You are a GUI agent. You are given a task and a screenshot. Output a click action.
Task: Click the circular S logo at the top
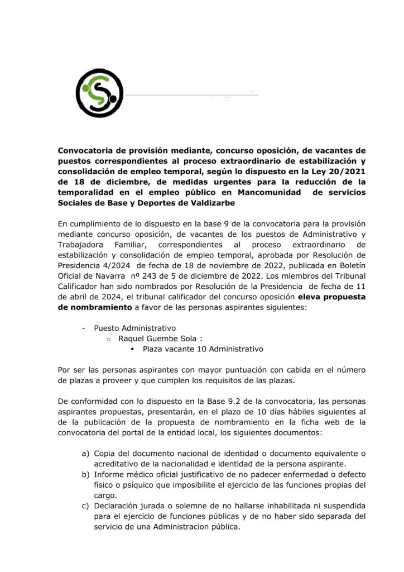click(x=100, y=89)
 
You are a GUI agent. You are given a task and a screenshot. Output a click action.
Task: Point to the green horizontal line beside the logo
click(x=190, y=96)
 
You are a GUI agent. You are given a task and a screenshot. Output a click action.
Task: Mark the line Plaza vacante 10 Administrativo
click(x=203, y=349)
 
